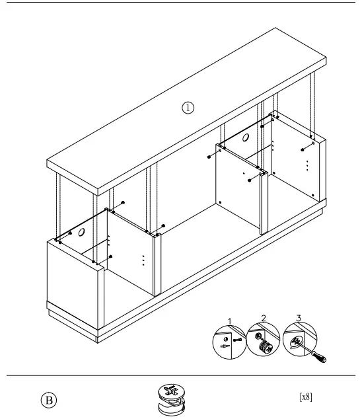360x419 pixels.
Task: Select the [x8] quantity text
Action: pos(306,397)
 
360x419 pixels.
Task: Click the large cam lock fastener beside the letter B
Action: pos(173,400)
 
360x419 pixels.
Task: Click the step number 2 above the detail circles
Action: pos(264,318)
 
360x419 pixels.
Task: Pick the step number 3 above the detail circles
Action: pos(299,318)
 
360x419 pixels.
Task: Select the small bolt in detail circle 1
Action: pos(236,338)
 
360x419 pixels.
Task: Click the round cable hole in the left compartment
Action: pos(83,233)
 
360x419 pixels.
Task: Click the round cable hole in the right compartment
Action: pos(245,138)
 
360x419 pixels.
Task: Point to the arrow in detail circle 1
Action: pos(227,345)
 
